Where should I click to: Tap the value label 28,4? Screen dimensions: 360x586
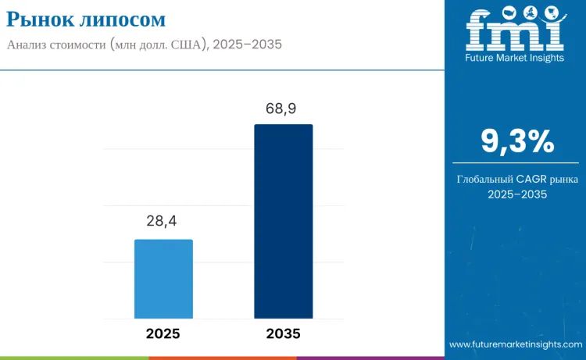pyautogui.click(x=163, y=222)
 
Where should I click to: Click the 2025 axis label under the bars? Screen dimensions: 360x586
pyautogui.click(x=163, y=333)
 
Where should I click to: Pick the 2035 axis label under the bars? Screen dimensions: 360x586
pyautogui.click(x=284, y=333)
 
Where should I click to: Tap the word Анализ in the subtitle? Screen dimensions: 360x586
pyautogui.click(x=29, y=45)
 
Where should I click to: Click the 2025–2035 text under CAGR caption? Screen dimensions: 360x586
pyautogui.click(x=517, y=194)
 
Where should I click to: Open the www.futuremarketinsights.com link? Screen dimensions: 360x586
pyautogui.click(x=515, y=344)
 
